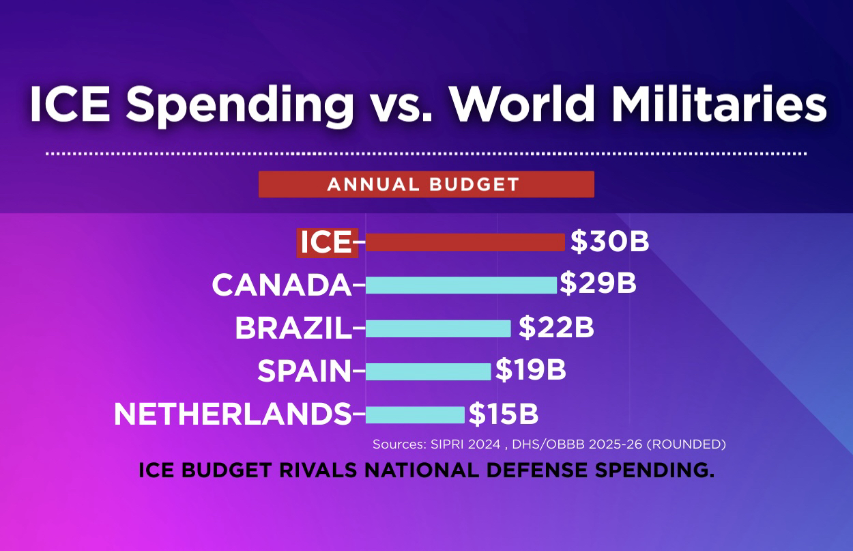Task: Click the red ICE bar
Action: pos(465,242)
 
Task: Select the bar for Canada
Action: pos(461,285)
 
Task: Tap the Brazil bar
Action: pos(437,328)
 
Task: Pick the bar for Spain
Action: pos(428,371)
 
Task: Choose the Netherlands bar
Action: pos(414,414)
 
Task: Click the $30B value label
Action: pos(609,242)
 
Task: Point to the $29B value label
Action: pos(598,284)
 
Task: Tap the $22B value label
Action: pos(556,328)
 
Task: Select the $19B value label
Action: pos(530,370)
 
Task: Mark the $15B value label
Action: pos(503,414)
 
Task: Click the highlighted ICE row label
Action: pos(327,242)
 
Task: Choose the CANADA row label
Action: pos(280,285)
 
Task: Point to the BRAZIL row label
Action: pos(293,328)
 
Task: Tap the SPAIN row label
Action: pos(304,371)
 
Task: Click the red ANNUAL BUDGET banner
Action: pos(426,184)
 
